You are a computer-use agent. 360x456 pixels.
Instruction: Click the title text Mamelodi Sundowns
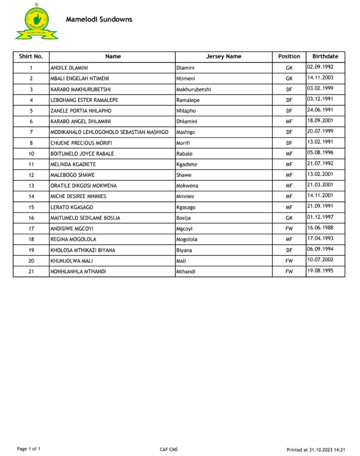tap(99, 20)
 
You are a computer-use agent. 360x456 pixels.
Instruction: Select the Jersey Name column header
tap(223, 57)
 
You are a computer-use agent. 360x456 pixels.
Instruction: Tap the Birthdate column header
tap(325, 57)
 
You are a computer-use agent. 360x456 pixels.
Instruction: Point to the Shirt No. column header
tap(31, 57)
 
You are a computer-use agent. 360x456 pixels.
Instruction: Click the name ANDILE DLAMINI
tap(69, 68)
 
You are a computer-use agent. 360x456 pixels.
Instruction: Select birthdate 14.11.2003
tap(320, 78)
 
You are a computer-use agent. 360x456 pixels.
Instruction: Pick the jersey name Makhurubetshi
tap(194, 89)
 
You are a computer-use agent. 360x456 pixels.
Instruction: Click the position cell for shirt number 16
tap(289, 218)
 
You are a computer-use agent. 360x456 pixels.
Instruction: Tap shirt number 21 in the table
tap(31, 271)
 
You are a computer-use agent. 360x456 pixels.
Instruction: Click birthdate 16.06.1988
tap(320, 228)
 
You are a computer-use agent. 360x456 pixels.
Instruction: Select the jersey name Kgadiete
tap(187, 164)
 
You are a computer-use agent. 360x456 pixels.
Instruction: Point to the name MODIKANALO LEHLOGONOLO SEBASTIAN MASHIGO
tap(109, 132)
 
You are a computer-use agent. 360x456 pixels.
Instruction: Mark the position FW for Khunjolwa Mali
tap(289, 261)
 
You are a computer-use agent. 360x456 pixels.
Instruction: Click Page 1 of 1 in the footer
tap(29, 448)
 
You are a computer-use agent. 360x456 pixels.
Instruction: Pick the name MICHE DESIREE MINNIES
tap(78, 197)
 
